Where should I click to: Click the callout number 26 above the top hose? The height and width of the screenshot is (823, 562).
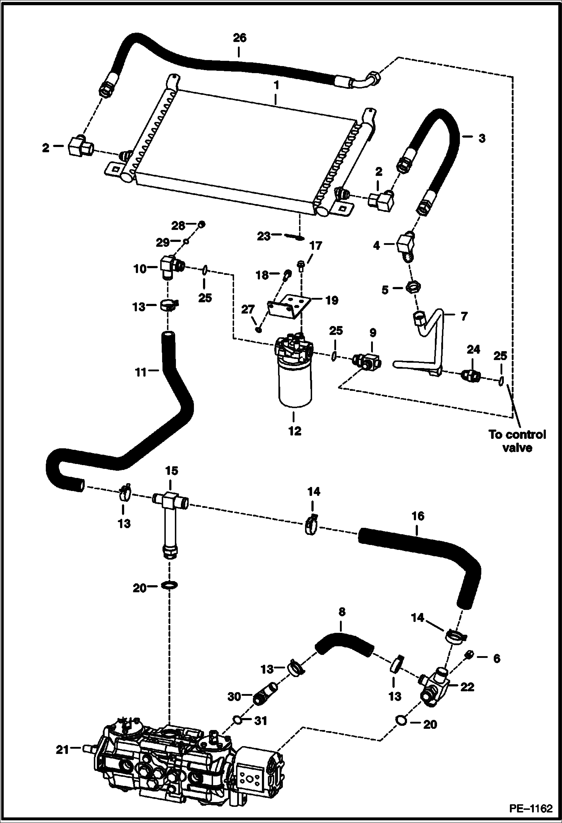(240, 38)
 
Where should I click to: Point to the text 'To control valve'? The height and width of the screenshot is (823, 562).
(517, 441)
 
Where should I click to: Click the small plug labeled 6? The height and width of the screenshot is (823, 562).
(469, 655)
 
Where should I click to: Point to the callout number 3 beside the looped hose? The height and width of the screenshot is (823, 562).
(482, 138)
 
